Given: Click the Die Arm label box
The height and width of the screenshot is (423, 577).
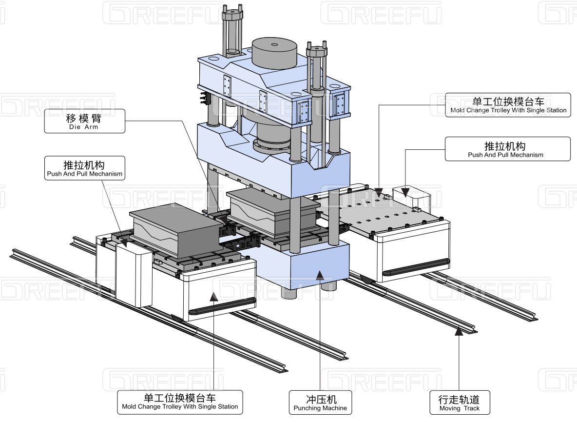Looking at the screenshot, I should pyautogui.click(x=84, y=121).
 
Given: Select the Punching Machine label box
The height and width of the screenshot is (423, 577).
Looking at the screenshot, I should pyautogui.click(x=320, y=402).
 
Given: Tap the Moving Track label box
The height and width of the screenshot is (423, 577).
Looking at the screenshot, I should pyautogui.click(x=459, y=402).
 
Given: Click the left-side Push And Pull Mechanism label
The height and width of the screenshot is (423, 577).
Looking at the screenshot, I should pyautogui.click(x=84, y=168).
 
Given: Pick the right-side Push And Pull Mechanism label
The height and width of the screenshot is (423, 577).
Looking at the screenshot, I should pyautogui.click(x=507, y=149).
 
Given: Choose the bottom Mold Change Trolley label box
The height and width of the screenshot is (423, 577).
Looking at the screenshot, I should pyautogui.click(x=180, y=402).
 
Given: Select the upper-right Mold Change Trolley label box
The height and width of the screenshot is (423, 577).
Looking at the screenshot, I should pyautogui.click(x=507, y=105).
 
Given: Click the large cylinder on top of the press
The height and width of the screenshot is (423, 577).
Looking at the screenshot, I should pyautogui.click(x=274, y=52).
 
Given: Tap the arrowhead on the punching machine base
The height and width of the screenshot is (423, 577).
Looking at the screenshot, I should pyautogui.click(x=320, y=275).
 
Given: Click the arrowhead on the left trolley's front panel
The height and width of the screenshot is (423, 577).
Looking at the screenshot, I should pyautogui.click(x=213, y=295).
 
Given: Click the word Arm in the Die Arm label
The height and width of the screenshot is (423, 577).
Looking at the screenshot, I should pyautogui.click(x=92, y=127).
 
